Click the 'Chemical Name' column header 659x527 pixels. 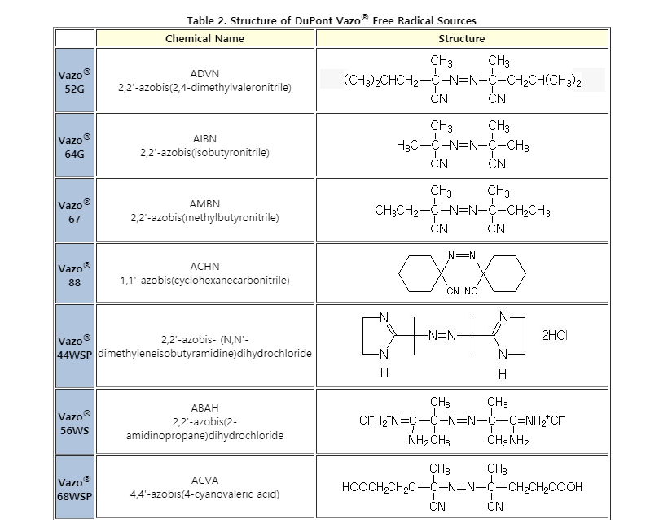point(204,38)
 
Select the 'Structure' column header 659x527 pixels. point(462,38)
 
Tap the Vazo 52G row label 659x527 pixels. point(74,81)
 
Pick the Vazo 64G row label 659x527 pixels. point(74,146)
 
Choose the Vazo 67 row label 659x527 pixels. point(74,211)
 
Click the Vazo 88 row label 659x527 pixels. point(74,275)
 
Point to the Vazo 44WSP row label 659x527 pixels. point(74,347)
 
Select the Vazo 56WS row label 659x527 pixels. point(74,423)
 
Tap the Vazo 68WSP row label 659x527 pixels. point(74,489)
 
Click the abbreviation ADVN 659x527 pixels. point(204,74)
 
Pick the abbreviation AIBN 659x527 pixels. point(204,139)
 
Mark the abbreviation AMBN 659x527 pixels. point(204,204)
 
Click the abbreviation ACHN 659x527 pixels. point(204,267)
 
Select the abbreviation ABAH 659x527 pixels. point(204,407)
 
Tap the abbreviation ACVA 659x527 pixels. point(204,481)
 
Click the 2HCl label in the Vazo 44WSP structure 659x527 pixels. point(555,335)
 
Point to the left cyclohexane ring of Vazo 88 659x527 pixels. point(420,273)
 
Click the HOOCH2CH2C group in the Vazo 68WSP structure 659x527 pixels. point(379,487)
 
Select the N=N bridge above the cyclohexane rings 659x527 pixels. point(462,255)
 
